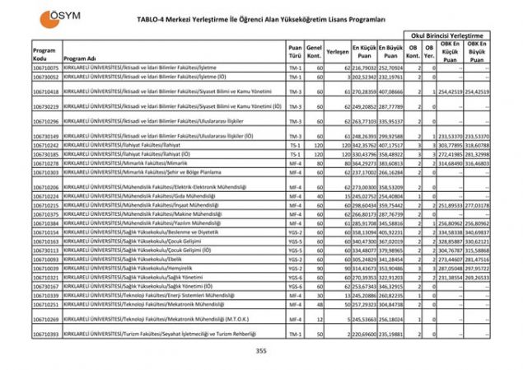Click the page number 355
(x=262, y=351)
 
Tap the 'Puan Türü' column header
(x=295, y=54)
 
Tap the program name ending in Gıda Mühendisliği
(x=139, y=196)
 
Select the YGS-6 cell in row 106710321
(x=295, y=278)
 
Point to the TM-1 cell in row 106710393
(x=295, y=335)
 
